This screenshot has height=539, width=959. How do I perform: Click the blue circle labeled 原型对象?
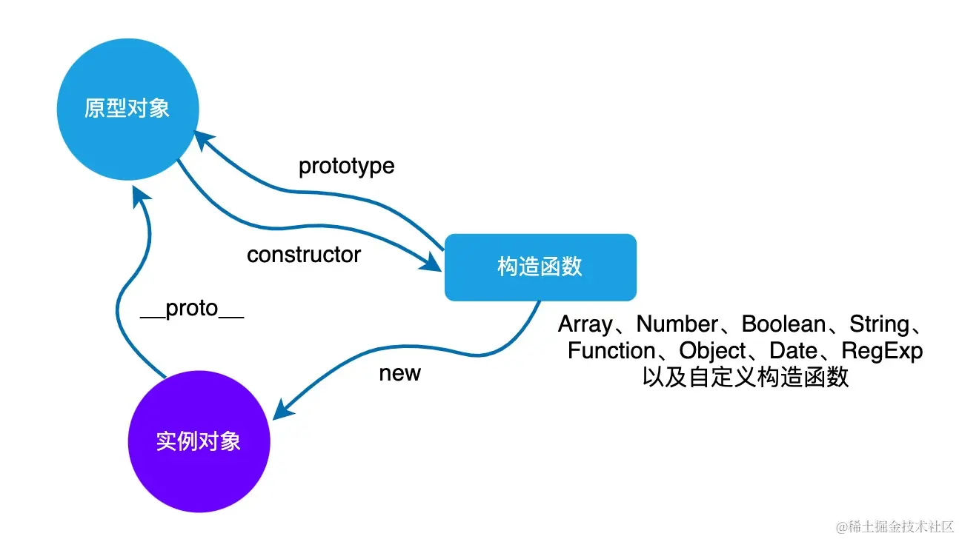tap(127, 110)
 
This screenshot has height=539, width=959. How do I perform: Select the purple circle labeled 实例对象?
tap(199, 441)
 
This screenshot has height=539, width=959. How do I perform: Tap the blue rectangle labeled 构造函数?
tap(540, 267)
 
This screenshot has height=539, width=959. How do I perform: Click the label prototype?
tap(346, 167)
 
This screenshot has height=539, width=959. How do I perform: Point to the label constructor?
tap(304, 255)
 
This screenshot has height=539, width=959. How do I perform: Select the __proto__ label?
tap(192, 309)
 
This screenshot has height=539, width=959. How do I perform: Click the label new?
tap(399, 373)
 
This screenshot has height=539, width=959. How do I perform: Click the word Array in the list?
tap(585, 324)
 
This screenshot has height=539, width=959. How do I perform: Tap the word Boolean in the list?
tap(783, 324)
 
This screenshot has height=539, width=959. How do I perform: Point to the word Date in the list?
tap(793, 350)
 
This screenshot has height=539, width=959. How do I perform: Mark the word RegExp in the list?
tap(882, 350)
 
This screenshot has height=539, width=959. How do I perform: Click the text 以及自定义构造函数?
tap(745, 377)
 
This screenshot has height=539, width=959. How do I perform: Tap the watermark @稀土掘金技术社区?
tap(895, 526)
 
